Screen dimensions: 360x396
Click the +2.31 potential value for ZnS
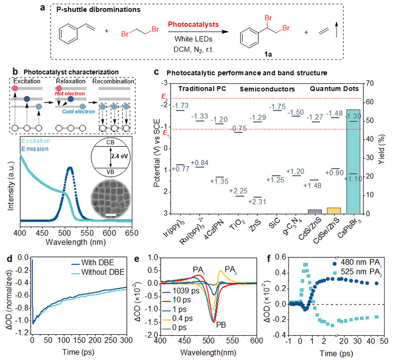[257, 201]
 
